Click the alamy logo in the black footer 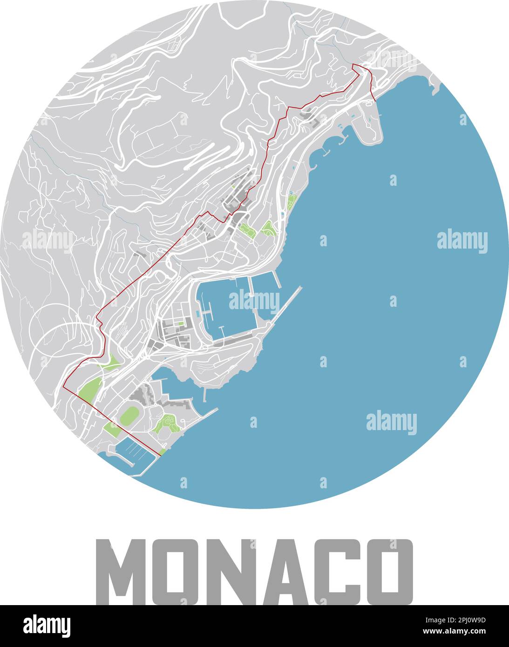pyautogui.click(x=47, y=626)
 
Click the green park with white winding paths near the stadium pyautogui.click(x=168, y=424)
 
